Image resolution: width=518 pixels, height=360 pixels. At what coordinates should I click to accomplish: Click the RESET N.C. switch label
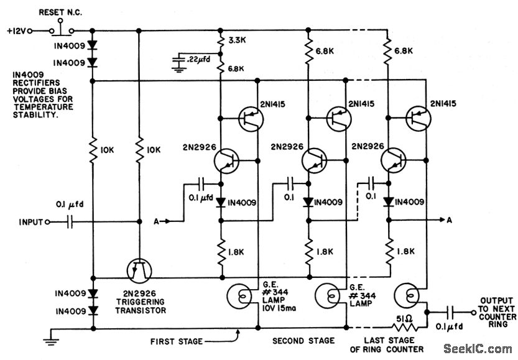[60, 12]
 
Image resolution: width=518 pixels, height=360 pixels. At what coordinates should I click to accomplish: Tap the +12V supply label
[17, 31]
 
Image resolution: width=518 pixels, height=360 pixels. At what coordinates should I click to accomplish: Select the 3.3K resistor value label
[237, 40]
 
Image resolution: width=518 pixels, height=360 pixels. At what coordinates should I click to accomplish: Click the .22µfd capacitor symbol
[179, 62]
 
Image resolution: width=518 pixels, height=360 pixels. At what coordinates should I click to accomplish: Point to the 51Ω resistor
[405, 327]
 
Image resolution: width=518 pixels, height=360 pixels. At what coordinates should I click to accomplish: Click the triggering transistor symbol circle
[139, 271]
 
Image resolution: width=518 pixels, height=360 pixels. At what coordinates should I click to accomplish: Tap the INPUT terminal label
[30, 222]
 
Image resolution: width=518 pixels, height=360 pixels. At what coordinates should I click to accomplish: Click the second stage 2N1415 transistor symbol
[339, 119]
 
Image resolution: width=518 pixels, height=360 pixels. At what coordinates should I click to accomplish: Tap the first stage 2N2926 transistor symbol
[226, 161]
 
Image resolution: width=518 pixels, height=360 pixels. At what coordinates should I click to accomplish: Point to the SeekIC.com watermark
[478, 349]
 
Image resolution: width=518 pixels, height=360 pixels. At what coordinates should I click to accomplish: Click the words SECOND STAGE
[303, 341]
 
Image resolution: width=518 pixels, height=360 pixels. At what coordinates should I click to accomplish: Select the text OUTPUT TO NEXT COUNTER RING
[496, 313]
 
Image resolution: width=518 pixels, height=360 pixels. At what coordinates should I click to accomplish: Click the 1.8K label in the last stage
[405, 251]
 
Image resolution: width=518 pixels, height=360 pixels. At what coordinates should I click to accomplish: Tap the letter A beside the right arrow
[449, 220]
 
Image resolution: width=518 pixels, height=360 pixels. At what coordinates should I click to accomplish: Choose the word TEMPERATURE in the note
[44, 107]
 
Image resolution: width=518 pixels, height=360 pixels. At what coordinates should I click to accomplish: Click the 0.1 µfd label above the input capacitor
[70, 205]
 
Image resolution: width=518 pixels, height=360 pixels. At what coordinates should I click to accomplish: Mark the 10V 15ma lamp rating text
[279, 308]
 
